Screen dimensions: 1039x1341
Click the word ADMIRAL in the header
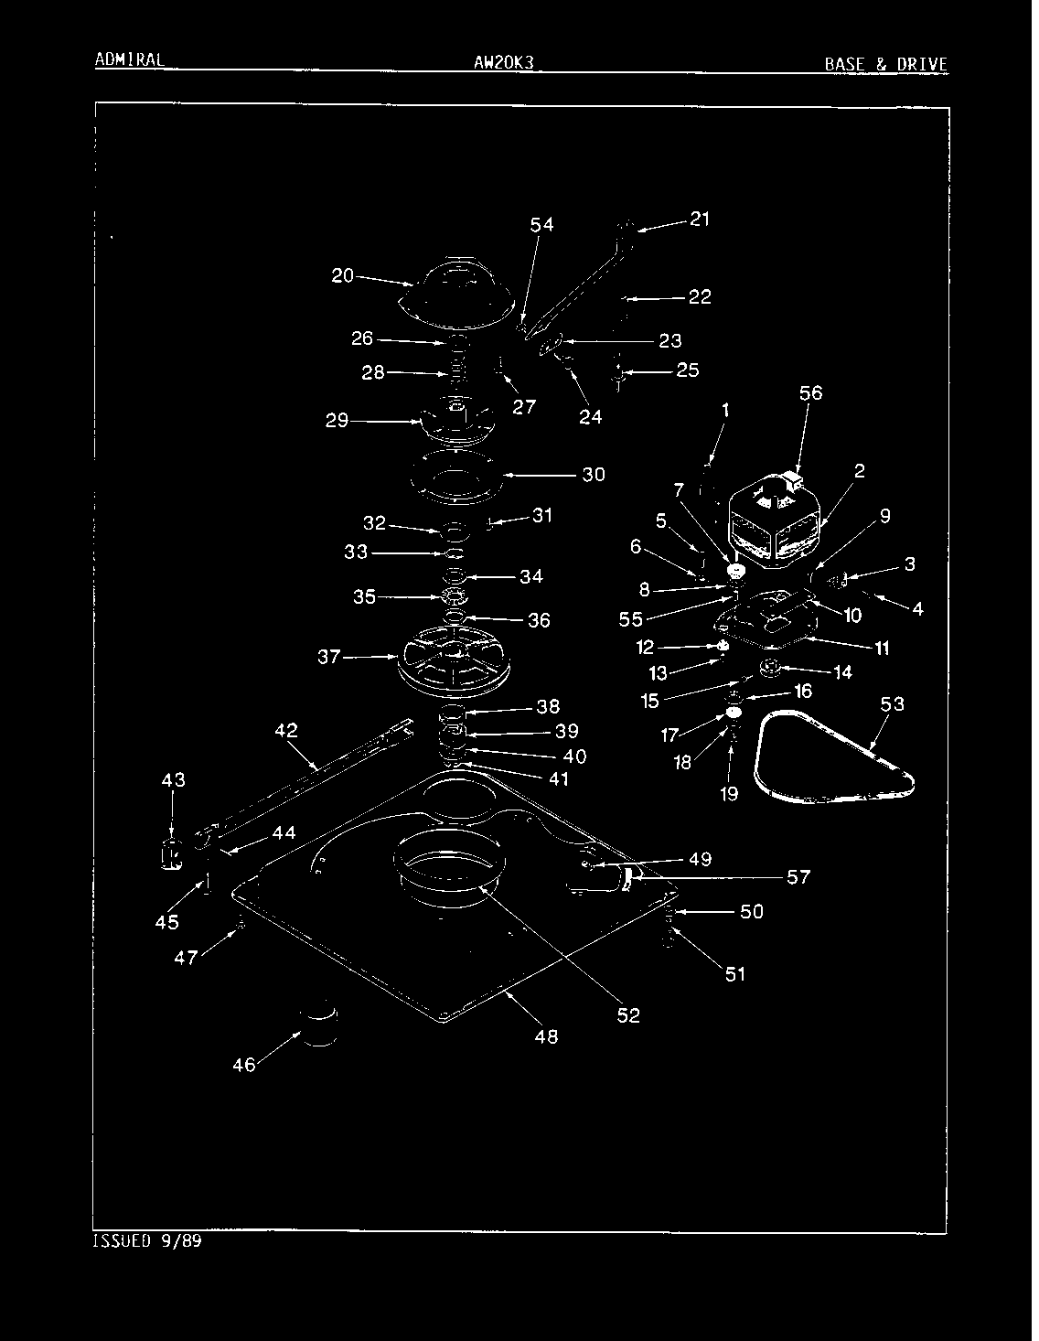(x=130, y=59)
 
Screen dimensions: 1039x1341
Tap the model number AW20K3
(x=503, y=62)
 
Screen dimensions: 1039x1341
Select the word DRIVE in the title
(x=922, y=64)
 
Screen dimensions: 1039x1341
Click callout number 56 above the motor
(x=810, y=393)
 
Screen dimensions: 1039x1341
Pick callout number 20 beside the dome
(x=342, y=275)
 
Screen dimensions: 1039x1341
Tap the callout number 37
(x=329, y=657)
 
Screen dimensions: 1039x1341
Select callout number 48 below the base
(x=547, y=1036)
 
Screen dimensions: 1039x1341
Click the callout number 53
(x=892, y=704)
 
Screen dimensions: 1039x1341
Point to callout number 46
(x=243, y=1065)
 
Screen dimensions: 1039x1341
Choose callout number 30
(x=594, y=475)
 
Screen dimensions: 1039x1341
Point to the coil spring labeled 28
(x=457, y=369)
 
